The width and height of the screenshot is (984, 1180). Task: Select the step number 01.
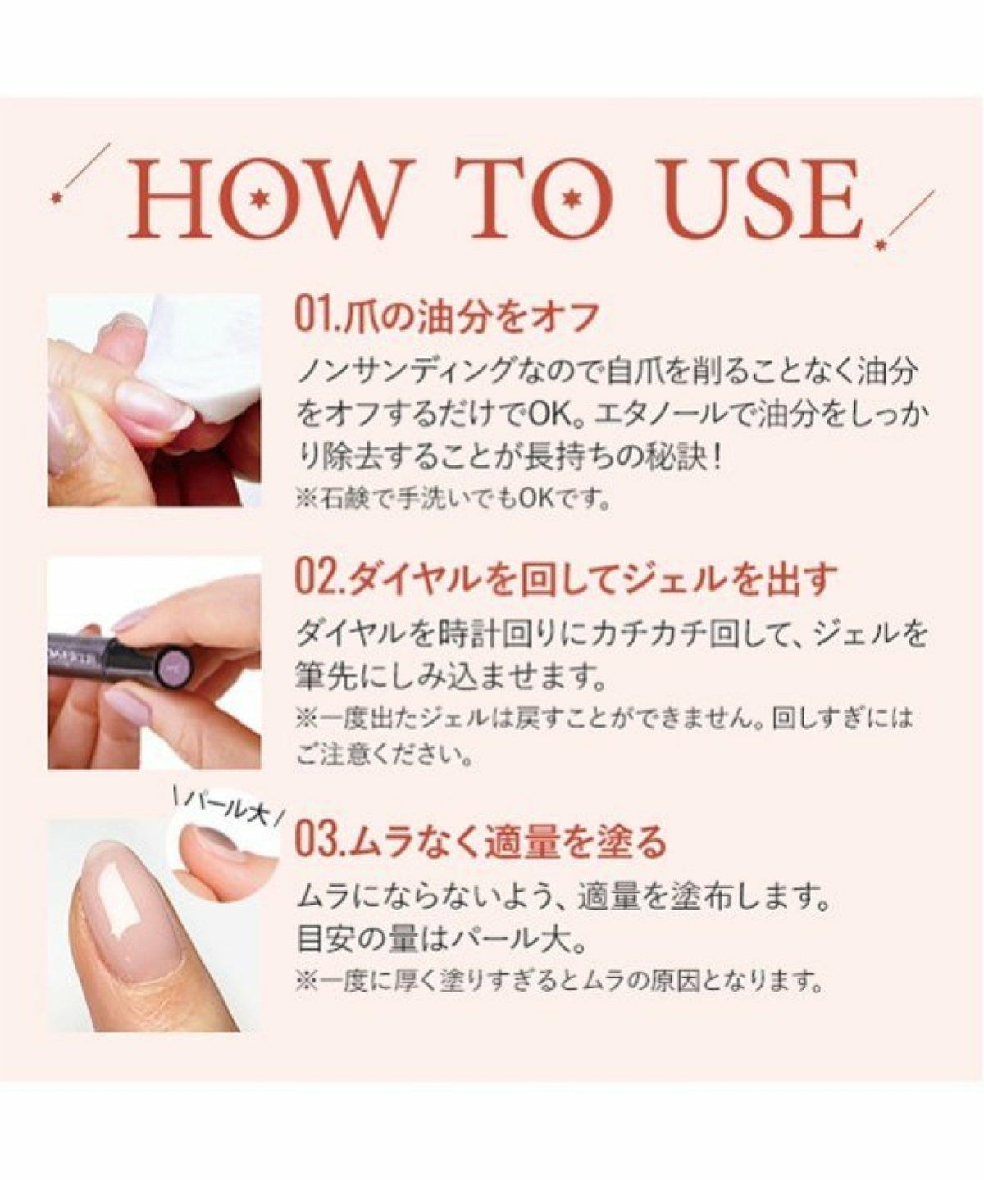[318, 318]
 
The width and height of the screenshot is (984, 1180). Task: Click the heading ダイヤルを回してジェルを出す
[591, 579]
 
